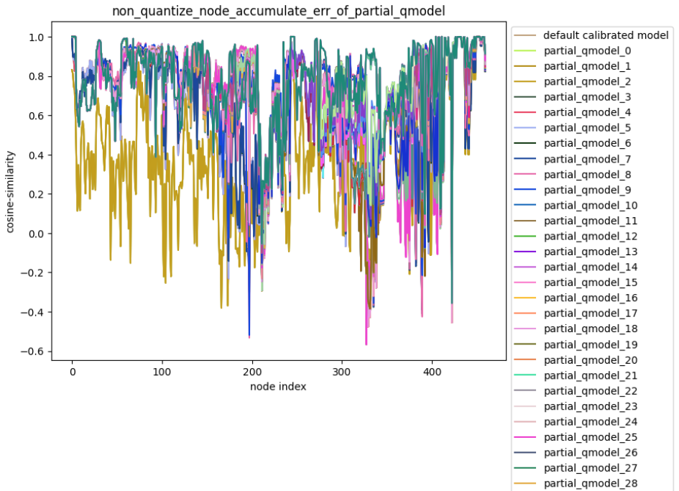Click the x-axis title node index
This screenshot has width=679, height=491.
pos(278,387)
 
